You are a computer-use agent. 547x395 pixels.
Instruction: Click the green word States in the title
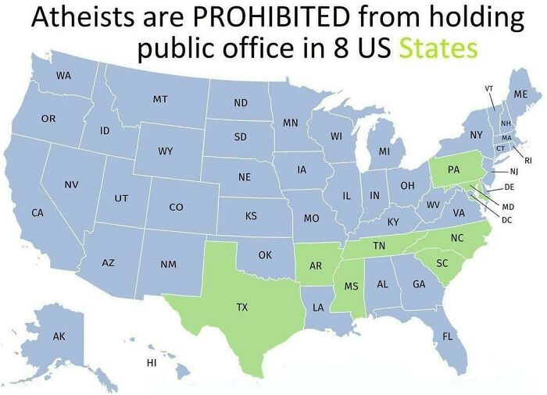(438, 49)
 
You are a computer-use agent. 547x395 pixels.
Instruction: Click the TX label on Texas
(242, 308)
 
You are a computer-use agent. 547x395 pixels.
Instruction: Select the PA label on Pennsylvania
(454, 169)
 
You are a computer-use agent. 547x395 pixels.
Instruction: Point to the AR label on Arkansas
(316, 265)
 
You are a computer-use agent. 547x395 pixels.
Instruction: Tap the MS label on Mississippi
(352, 286)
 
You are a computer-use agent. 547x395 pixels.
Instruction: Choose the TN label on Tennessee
(379, 245)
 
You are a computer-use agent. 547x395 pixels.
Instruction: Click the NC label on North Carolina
(457, 237)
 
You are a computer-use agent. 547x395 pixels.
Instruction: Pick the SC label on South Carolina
(442, 263)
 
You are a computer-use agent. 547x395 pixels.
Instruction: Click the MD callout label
(508, 206)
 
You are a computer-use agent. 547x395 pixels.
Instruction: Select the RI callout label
(527, 159)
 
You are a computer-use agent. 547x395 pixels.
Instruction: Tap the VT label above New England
(488, 88)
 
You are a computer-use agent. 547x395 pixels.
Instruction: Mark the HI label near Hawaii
(152, 363)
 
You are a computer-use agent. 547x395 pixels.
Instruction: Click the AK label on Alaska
(59, 336)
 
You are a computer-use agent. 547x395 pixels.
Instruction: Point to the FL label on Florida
(448, 336)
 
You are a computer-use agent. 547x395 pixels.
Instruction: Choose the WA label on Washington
(63, 76)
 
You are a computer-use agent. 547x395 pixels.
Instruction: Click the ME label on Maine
(521, 94)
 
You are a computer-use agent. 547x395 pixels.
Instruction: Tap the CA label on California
(37, 212)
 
